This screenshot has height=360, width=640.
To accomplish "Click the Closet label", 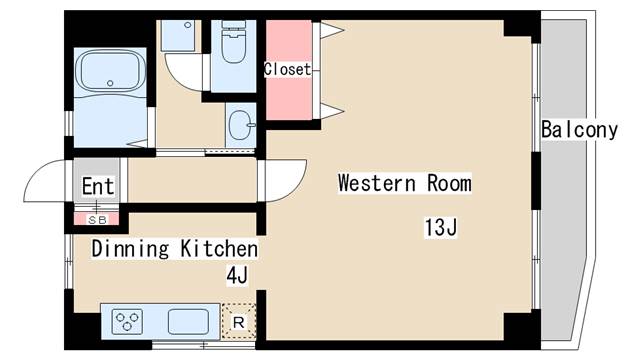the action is click(287, 69).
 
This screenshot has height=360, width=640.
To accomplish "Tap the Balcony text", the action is click(579, 130).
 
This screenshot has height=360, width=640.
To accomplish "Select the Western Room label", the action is click(404, 183).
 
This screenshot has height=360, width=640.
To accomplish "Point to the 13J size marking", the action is click(440, 227).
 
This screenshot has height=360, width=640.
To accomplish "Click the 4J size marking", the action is click(237, 275).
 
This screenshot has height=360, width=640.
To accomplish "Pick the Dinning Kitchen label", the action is click(175, 249).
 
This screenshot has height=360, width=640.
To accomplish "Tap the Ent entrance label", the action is click(98, 187).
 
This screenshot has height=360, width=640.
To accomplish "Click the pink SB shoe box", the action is click(97, 219).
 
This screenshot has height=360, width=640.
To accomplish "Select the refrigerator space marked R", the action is click(239, 322).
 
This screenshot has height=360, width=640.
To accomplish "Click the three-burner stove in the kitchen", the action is click(127, 320).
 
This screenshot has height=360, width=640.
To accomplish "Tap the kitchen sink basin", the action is click(189, 321).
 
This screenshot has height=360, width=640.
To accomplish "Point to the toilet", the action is click(233, 42).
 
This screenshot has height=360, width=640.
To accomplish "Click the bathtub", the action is click(110, 72).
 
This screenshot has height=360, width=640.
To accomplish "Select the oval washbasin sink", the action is click(240, 125).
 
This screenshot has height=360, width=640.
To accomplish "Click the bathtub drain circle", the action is click(110, 83).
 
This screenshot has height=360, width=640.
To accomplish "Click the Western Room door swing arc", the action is click(297, 189).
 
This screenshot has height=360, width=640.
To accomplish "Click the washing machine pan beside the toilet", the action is click(178, 36).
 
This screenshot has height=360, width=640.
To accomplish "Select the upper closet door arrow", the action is click(331, 30).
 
